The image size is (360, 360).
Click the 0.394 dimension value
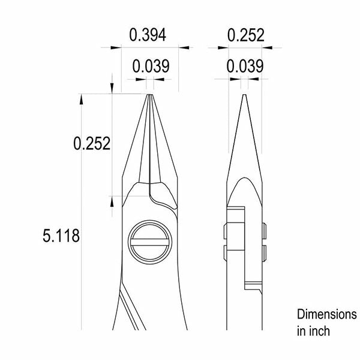coord(148,35)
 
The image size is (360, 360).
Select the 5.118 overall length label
coord(61,236)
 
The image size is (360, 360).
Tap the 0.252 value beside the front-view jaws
coord(92,143)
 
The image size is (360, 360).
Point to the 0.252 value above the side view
coord(245,35)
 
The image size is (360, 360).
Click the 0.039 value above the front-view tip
coord(151,66)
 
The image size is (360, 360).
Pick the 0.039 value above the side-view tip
coord(245,66)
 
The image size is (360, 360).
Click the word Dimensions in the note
coord(327,314)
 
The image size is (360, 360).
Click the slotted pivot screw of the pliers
coord(150,242)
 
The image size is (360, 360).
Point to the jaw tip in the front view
coord(149,95)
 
